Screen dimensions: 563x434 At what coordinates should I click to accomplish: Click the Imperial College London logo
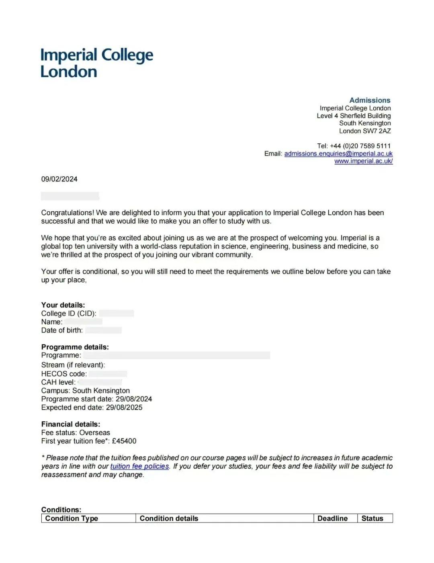click(x=96, y=63)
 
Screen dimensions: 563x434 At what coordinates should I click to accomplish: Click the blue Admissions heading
click(x=370, y=100)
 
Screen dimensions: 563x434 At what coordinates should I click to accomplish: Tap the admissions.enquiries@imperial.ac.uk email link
click(x=338, y=153)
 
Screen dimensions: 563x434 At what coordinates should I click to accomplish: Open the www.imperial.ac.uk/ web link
click(x=363, y=161)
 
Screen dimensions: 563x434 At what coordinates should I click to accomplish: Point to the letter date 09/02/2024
click(x=59, y=179)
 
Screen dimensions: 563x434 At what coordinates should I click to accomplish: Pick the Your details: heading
click(x=63, y=305)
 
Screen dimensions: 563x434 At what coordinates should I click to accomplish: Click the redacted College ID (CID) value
click(x=117, y=313)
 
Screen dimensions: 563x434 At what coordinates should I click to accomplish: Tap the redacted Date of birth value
click(x=103, y=330)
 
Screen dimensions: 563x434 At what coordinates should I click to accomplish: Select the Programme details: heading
click(x=75, y=347)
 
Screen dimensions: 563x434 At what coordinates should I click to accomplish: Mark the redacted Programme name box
click(x=177, y=355)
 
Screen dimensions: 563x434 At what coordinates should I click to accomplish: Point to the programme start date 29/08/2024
click(x=134, y=399)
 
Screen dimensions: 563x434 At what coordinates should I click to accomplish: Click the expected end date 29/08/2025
click(x=124, y=407)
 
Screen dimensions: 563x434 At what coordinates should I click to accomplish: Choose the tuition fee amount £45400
click(x=124, y=441)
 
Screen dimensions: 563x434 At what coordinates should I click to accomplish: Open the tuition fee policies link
click(x=139, y=466)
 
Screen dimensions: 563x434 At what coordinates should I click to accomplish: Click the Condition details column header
click(x=169, y=518)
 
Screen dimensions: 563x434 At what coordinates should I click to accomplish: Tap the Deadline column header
click(x=332, y=518)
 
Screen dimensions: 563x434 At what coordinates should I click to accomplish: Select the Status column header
click(x=372, y=518)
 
